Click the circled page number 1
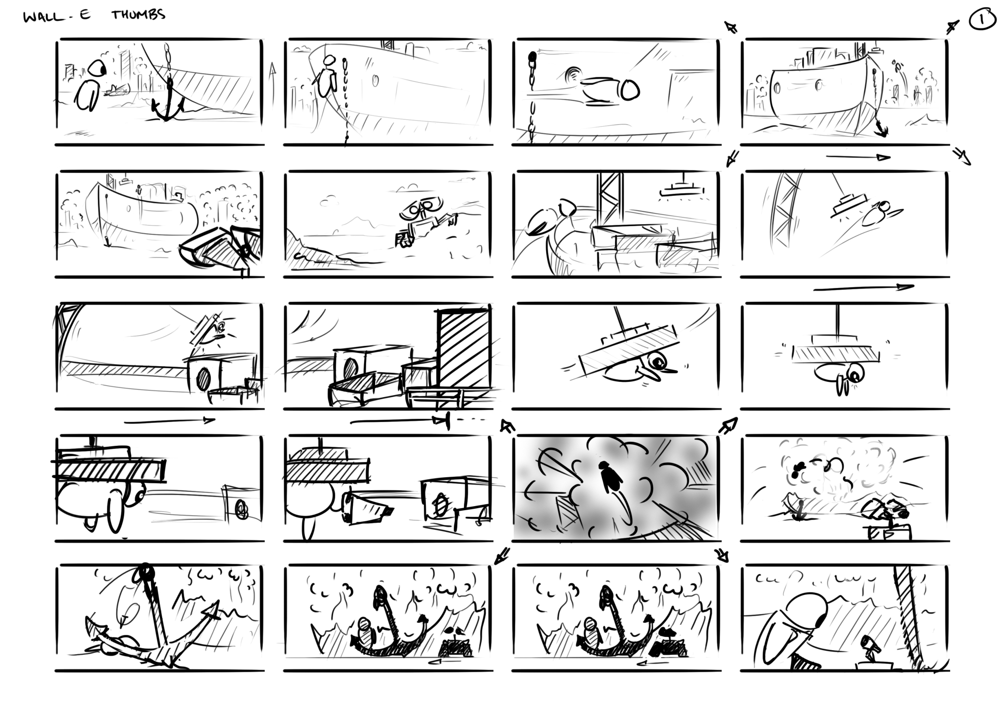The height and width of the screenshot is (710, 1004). tap(982, 21)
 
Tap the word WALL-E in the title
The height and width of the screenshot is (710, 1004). tap(57, 17)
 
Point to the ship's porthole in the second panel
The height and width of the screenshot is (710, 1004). tap(375, 81)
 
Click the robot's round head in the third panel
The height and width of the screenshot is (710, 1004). tap(629, 90)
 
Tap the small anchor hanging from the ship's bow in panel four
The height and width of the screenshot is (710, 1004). tap(882, 130)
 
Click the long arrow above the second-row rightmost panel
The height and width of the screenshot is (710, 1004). tap(858, 157)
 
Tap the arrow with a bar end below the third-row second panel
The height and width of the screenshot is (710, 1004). tap(401, 421)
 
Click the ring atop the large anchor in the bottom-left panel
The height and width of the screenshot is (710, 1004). tap(146, 572)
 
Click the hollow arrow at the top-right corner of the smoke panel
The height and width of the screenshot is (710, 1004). tap(728, 425)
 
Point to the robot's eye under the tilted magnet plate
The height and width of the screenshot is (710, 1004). tap(660, 362)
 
